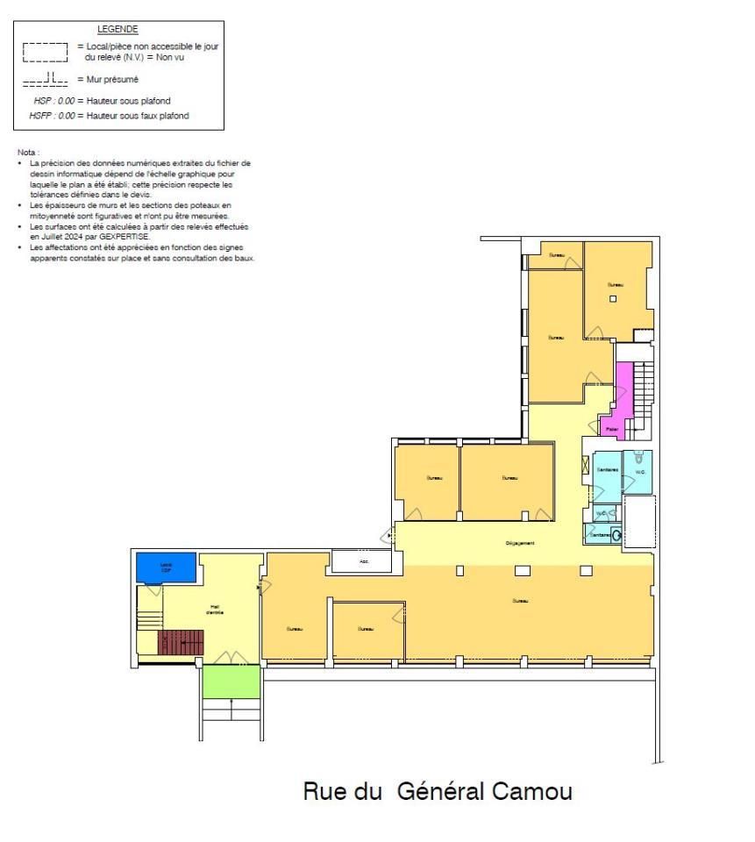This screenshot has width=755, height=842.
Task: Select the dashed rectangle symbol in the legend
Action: click(45, 52)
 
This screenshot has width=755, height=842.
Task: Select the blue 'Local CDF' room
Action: click(166, 567)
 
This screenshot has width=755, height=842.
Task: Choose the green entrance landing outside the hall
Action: click(231, 681)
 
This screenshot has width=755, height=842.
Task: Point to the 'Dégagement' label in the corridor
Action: click(519, 543)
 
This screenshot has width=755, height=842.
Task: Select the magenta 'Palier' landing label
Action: click(612, 429)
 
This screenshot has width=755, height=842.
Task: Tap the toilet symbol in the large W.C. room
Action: click(639, 457)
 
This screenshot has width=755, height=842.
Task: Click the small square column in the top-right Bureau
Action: click(614, 299)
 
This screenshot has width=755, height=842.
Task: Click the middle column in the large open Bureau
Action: click(522, 571)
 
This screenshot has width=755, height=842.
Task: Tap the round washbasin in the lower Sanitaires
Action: click(616, 534)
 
